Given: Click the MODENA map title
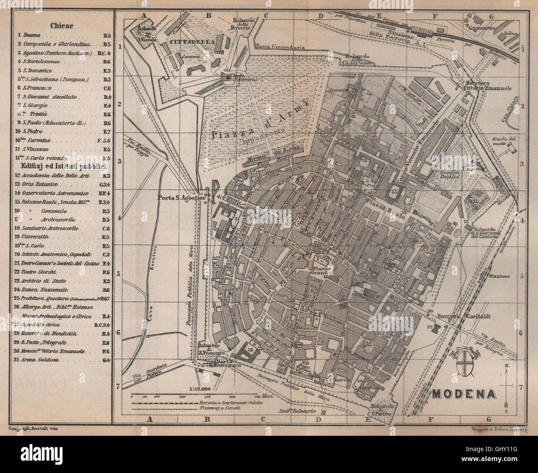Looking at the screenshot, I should pos(464,394).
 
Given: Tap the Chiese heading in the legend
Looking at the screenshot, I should pos(62,26).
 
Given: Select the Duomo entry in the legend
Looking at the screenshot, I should pos(32,36).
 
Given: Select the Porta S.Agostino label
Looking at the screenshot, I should pos(181,198).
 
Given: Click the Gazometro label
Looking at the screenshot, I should pos(482,28).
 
